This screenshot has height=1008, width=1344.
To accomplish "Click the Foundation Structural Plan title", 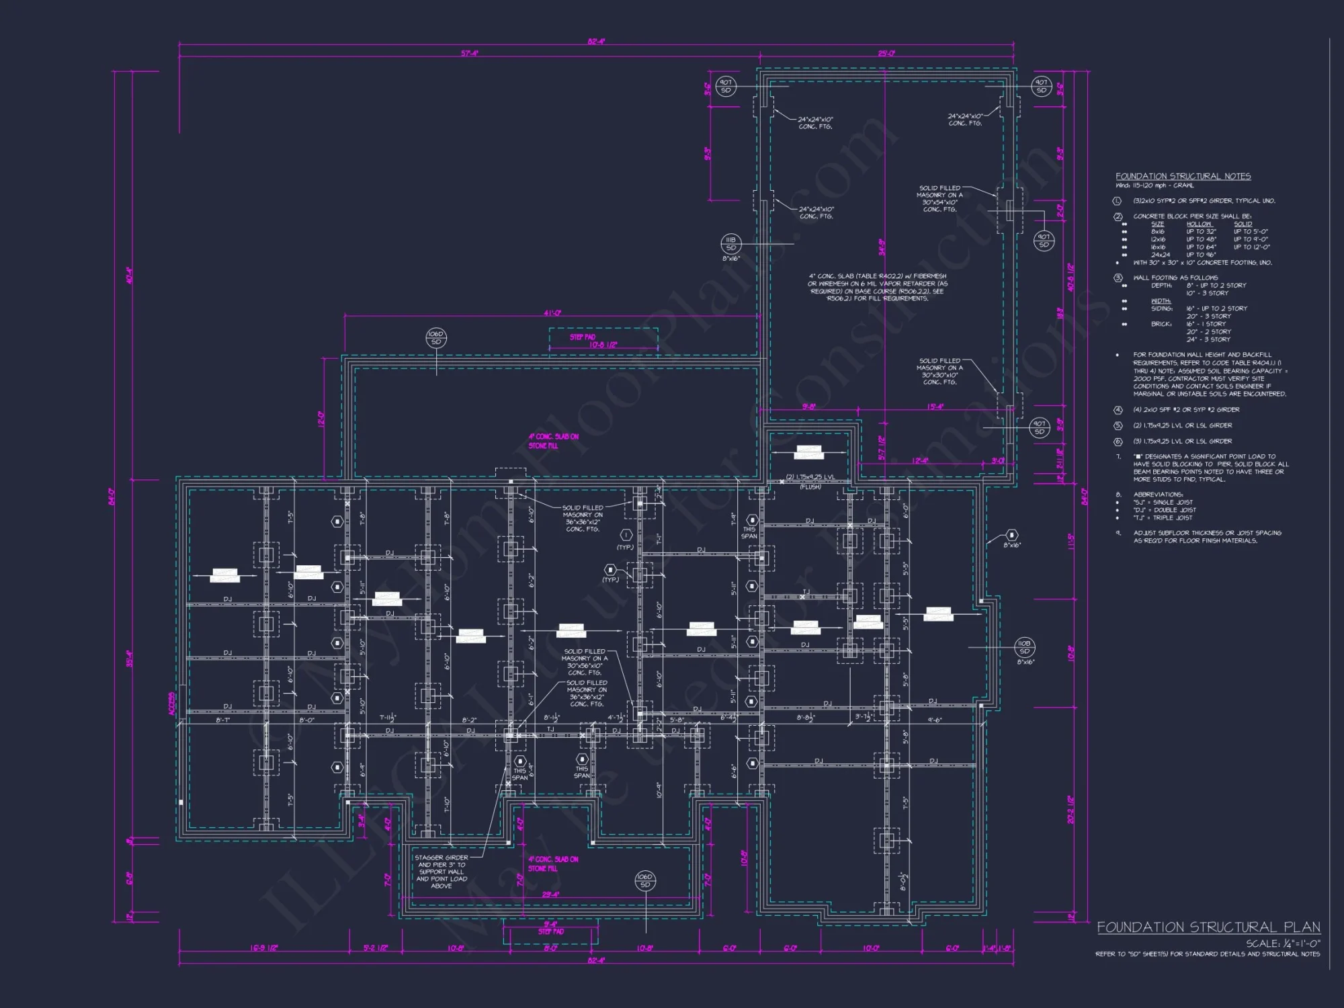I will (x=1208, y=927).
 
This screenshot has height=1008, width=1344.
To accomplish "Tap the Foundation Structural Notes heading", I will (x=1183, y=176).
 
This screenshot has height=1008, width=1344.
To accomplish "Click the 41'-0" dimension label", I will (x=552, y=313).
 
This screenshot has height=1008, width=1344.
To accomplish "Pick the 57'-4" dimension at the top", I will (x=469, y=53).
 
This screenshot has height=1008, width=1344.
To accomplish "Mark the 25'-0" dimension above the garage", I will (x=886, y=53).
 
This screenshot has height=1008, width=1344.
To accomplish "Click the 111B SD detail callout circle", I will (x=731, y=244).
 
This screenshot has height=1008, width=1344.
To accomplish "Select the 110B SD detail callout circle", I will (x=1024, y=647).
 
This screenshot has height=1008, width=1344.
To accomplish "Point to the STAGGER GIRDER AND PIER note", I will (x=442, y=872).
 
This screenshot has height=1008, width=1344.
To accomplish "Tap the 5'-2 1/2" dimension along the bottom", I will (x=376, y=948).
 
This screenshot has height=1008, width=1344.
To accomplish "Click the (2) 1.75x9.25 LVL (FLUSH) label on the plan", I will (x=810, y=480).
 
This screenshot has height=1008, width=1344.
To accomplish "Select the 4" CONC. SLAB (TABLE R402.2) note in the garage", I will (x=877, y=287).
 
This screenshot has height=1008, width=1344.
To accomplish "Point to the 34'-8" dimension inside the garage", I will (x=882, y=247).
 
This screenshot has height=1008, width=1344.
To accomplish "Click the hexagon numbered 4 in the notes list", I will (x=1118, y=410).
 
